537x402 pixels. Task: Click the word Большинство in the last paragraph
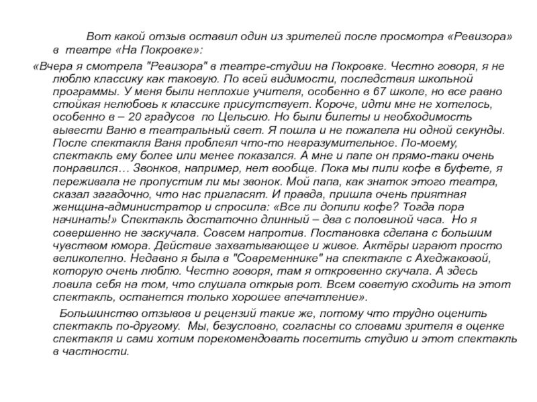95,313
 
